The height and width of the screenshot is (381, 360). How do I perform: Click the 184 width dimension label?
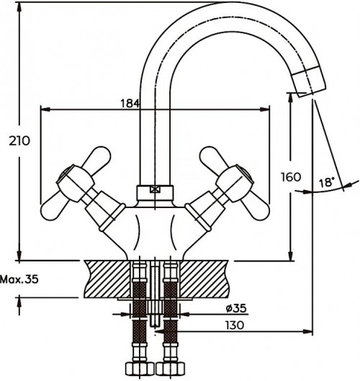pyautogui.click(x=130, y=103)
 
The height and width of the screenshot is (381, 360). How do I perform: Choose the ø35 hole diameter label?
pyautogui.click(x=235, y=310)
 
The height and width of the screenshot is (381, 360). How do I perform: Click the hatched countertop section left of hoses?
pyautogui.click(x=108, y=278)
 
